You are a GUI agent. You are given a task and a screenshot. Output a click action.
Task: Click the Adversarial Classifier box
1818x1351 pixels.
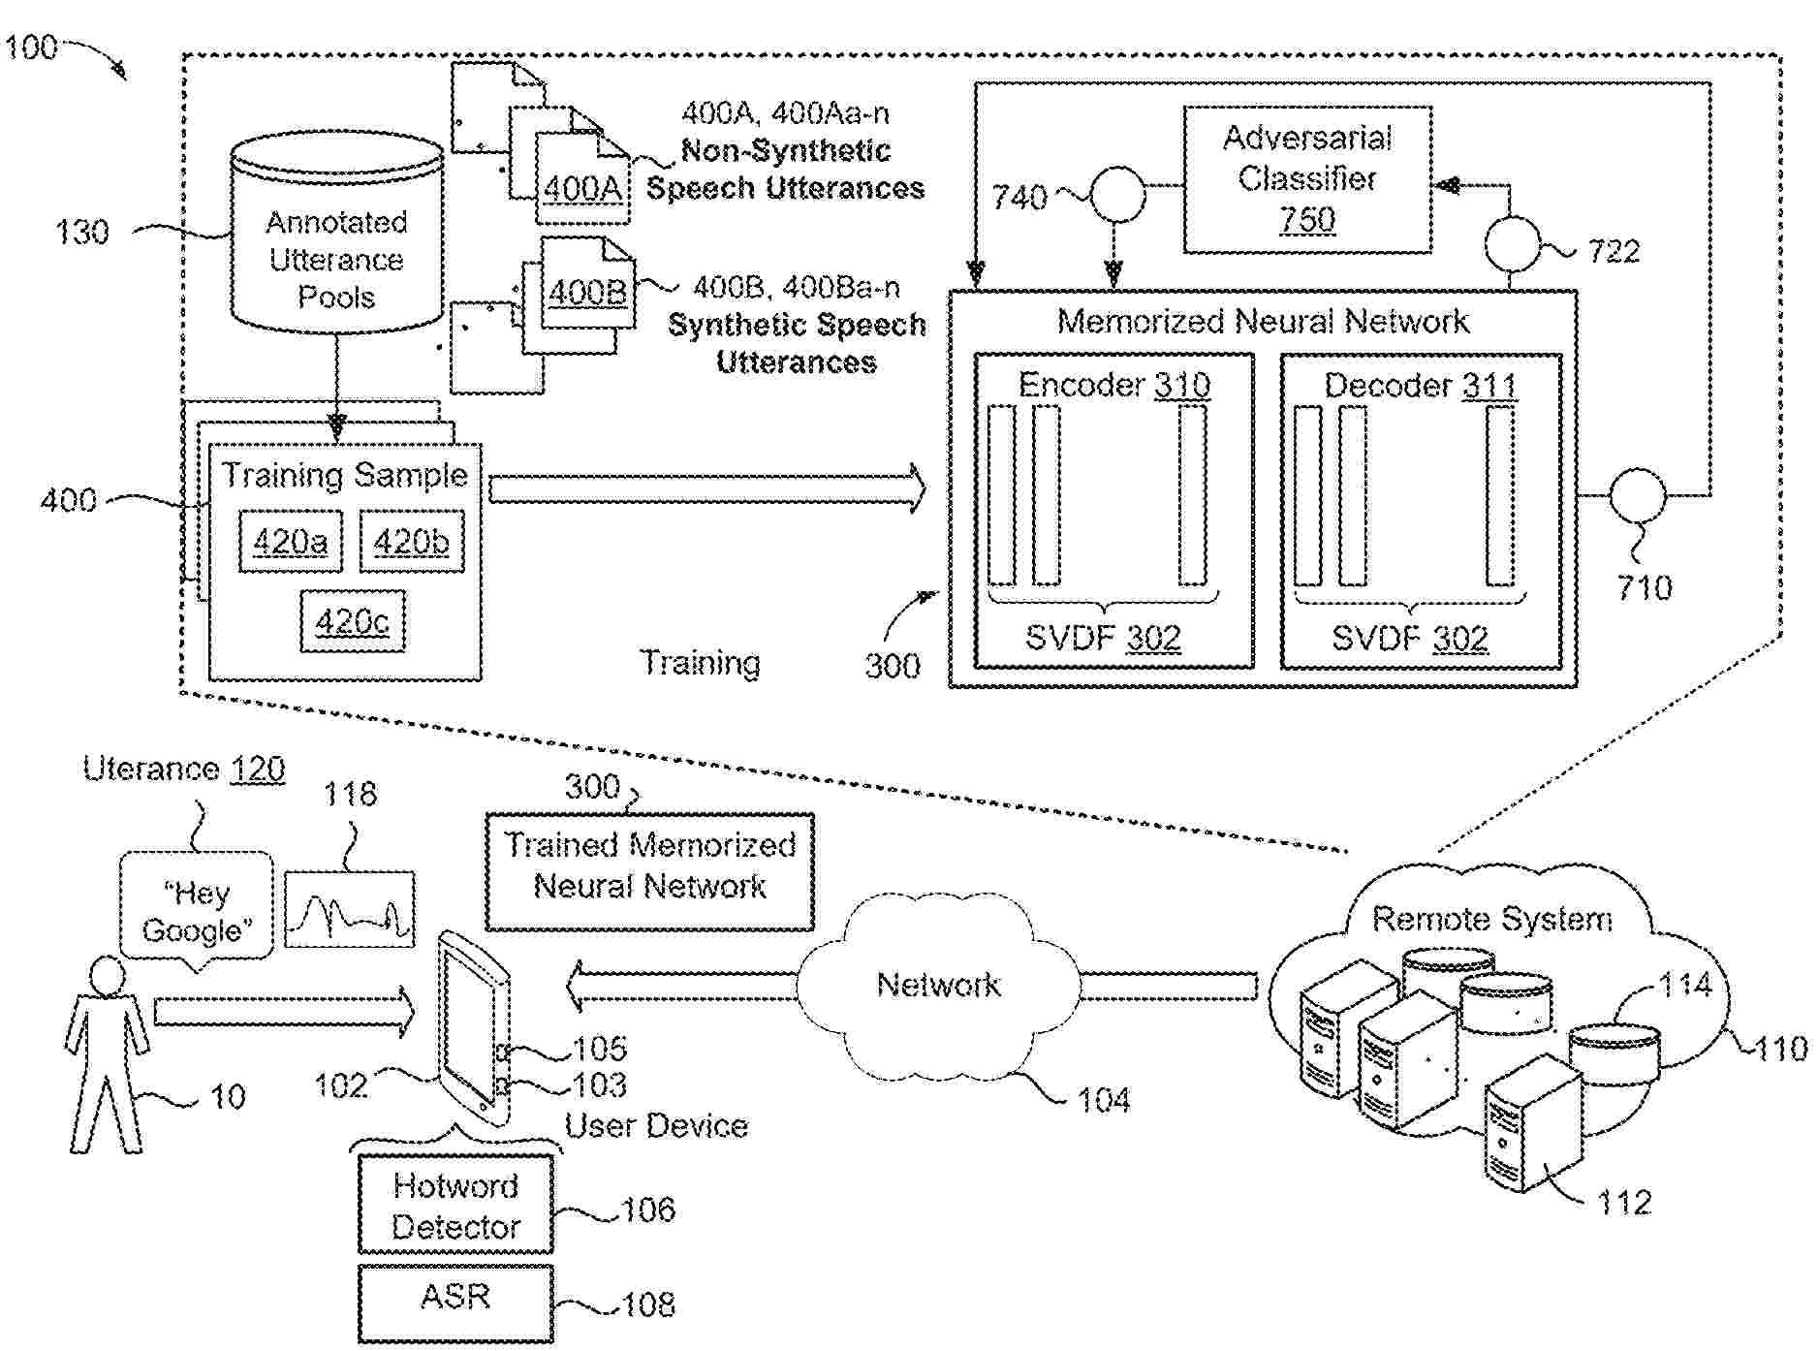pyautogui.click(x=1306, y=180)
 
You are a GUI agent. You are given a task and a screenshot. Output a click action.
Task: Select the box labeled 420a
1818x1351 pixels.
pyautogui.click(x=290, y=541)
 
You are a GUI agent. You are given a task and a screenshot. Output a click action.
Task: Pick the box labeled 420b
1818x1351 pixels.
pyautogui.click(x=411, y=541)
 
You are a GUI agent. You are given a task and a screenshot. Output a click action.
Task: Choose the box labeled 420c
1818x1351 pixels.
pyautogui.click(x=352, y=621)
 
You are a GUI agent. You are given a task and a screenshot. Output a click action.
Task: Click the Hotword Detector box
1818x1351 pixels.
pyautogui.click(x=455, y=1207)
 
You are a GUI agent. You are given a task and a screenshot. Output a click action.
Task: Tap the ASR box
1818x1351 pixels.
pyautogui.click(x=455, y=1299)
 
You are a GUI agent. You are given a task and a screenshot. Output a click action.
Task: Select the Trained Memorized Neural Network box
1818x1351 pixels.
pyautogui.click(x=649, y=867)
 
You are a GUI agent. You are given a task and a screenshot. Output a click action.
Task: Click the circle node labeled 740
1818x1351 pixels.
pyautogui.click(x=1117, y=196)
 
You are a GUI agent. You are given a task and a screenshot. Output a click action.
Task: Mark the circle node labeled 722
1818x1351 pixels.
pyautogui.click(x=1512, y=244)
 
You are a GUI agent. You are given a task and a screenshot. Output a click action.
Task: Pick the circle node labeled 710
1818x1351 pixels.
pyautogui.click(x=1638, y=495)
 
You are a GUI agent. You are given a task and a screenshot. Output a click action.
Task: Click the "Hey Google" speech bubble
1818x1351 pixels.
pyautogui.click(x=198, y=910)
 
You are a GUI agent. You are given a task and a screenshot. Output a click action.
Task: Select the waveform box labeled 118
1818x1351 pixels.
pyautogui.click(x=349, y=910)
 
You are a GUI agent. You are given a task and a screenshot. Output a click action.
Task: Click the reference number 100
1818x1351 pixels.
pyautogui.click(x=31, y=47)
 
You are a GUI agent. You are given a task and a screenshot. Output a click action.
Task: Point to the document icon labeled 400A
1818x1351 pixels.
pyautogui.click(x=581, y=174)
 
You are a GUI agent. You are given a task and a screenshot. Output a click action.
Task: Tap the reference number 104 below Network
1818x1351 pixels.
pyautogui.click(x=1105, y=1101)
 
